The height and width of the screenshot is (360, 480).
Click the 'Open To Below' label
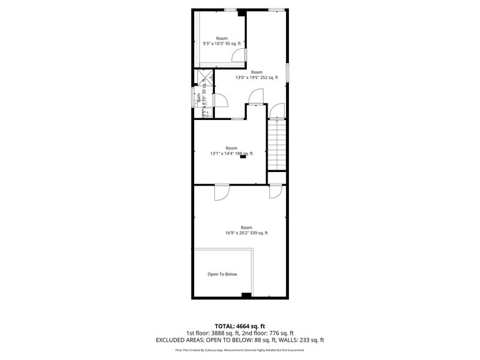click(x=222, y=274)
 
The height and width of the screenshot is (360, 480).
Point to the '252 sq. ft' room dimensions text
click(x=257, y=78)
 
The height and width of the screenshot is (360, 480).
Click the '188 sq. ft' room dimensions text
click(x=231, y=154)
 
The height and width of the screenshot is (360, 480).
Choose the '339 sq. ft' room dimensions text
click(x=246, y=233)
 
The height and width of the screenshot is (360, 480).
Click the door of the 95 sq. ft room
click(x=239, y=56)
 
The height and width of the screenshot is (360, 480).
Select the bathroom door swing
click(x=220, y=100)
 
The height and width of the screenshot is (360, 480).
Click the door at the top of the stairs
click(x=277, y=111)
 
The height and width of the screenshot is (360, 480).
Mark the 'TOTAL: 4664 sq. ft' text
click(x=239, y=326)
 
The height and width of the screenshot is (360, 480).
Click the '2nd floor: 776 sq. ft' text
click(x=271, y=333)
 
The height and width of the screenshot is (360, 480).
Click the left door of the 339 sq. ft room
click(x=221, y=192)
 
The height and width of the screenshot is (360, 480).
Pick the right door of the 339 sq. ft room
click(x=276, y=191)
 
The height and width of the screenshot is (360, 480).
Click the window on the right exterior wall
click(x=287, y=71)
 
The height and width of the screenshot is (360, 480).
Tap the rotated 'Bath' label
click(x=199, y=97)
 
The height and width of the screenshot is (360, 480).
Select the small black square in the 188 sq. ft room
click(x=243, y=157)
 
